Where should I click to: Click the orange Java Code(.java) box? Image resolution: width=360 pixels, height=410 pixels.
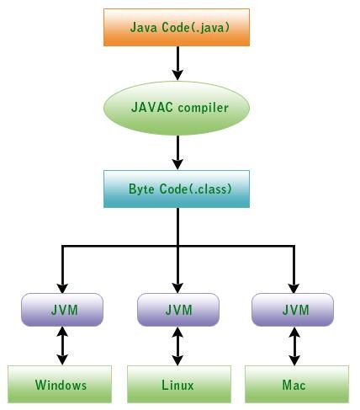(x=177, y=28)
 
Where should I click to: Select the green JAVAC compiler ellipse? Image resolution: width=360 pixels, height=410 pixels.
(x=177, y=109)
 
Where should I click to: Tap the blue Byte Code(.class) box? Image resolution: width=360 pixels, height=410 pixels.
(x=177, y=189)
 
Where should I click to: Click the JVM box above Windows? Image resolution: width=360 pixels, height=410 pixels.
(x=61, y=309)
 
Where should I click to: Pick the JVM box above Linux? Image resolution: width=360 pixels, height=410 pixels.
(x=177, y=309)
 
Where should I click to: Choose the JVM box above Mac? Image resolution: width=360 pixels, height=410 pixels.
(x=294, y=309)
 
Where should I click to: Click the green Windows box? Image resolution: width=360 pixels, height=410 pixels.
(x=61, y=386)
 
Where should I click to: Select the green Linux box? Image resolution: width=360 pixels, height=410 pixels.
(x=177, y=386)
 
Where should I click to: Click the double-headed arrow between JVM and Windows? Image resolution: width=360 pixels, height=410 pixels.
(x=61, y=345)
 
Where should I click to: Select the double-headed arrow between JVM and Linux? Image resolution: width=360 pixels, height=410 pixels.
(x=177, y=345)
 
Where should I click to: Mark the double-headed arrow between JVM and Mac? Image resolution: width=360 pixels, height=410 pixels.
(x=294, y=345)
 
